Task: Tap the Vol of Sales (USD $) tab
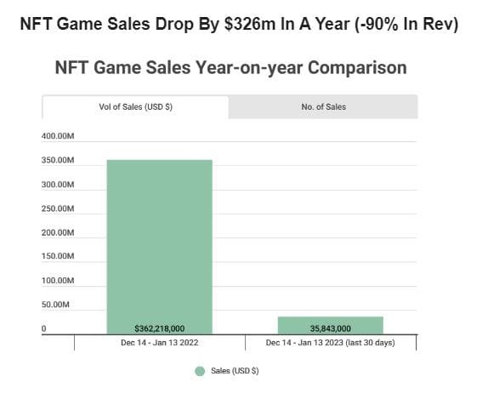[136, 107]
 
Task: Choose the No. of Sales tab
[323, 107]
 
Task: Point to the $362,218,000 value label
[159, 328]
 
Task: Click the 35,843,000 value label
[330, 328]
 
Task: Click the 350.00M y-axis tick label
[59, 161]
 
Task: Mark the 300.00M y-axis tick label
[59, 185]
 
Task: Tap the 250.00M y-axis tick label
[59, 208]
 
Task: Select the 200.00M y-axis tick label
[59, 232]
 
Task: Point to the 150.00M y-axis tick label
[59, 256]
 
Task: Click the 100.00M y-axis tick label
[59, 280]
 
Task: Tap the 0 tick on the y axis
[44, 328]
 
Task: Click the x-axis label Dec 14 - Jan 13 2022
[159, 343]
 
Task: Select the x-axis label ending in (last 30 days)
[330, 343]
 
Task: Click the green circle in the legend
[200, 371]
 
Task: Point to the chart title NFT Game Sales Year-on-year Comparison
[230, 67]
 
